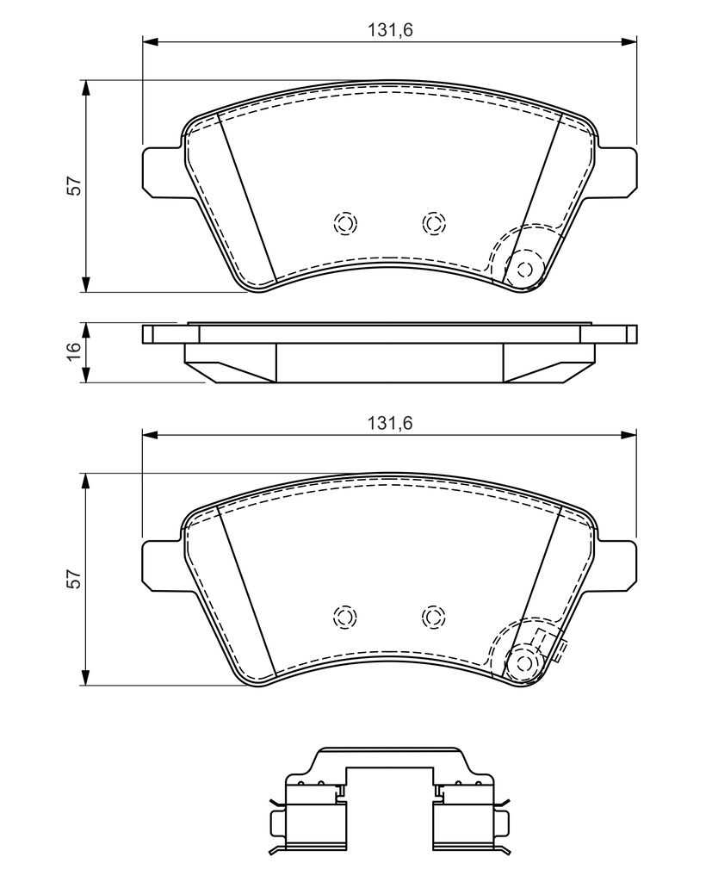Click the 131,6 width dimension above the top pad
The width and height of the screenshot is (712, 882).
tap(390, 30)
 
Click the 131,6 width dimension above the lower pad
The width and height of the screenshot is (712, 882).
tap(390, 423)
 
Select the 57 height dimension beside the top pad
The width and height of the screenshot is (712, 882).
tap(74, 186)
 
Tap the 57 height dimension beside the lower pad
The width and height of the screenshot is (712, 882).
tap(74, 580)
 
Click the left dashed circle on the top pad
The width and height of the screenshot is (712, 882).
tap(345, 223)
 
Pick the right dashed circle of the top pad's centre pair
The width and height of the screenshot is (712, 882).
tap(433, 223)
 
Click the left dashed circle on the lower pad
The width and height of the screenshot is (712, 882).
tap(345, 617)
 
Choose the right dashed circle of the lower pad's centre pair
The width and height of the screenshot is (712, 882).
tap(433, 617)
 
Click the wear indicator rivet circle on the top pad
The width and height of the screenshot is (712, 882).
tap(524, 270)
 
